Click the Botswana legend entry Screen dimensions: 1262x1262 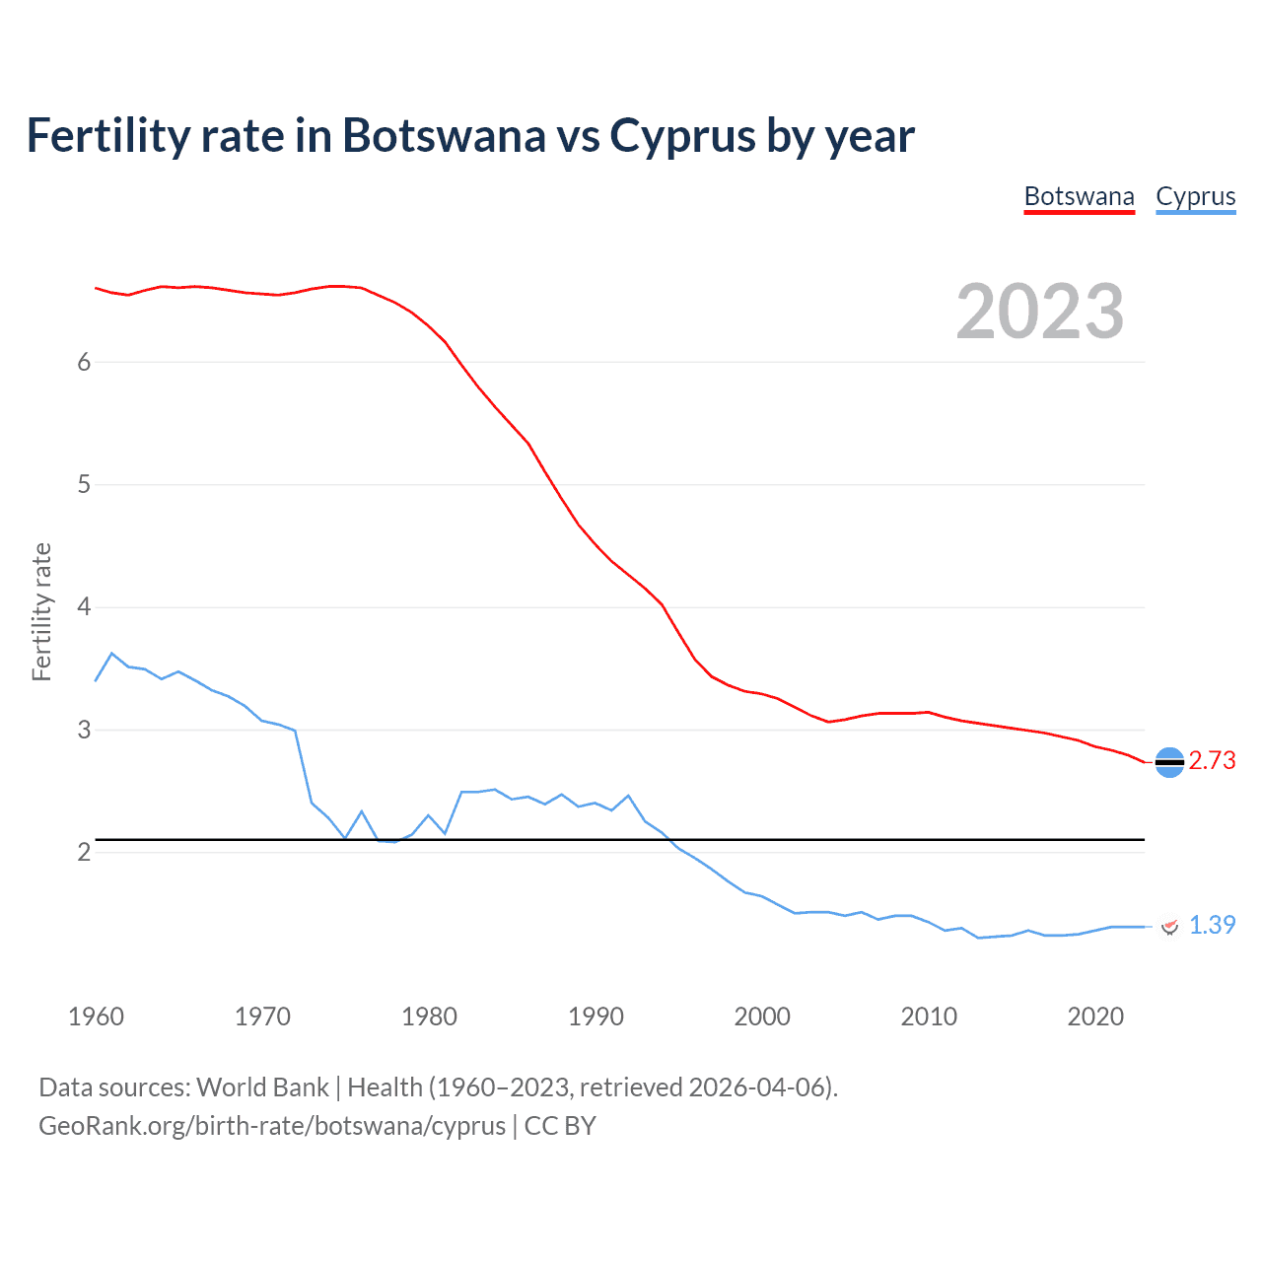pos(1079,196)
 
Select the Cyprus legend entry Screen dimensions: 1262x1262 pos(1195,196)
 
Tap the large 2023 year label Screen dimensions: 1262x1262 pos(1040,312)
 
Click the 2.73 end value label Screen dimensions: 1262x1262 pos(1212,760)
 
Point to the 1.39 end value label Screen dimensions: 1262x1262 pos(1212,925)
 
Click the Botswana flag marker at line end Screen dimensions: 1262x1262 pos(1168,762)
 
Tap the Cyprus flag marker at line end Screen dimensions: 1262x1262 pos(1169,926)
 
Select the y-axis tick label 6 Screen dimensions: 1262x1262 pos(84,362)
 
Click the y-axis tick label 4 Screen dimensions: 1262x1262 pos(84,607)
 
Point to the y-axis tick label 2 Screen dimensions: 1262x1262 pos(84,852)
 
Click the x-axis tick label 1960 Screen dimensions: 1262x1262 pos(96,1017)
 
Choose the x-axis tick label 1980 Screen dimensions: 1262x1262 pos(429,1017)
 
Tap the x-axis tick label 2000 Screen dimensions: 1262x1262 pos(762,1017)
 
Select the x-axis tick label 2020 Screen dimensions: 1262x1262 pos(1095,1017)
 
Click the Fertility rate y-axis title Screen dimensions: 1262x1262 pos(41,611)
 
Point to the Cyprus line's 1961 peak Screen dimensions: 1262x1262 pos(111,653)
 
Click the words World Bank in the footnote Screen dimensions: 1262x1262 pos(262,1087)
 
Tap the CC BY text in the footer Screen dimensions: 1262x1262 pos(560,1126)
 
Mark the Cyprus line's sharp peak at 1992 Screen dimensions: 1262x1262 pos(628,795)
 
